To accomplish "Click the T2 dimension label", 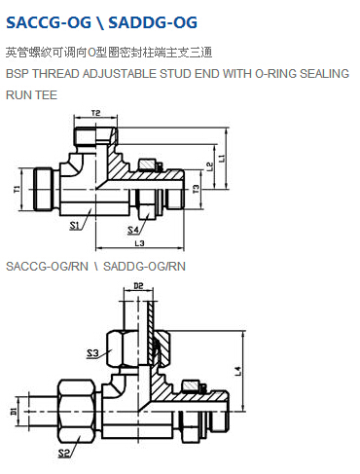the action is coord(95,113).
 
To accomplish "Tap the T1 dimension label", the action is coord(17,189).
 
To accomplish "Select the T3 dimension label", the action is coord(197,189).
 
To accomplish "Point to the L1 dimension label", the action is coord(222,159).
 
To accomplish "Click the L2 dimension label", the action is coord(210,166).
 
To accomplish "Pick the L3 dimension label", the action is coord(140,243).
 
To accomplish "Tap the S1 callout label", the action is coord(75,225).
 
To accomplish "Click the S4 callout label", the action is coord(133,230).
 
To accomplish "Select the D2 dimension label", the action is coord(138,286).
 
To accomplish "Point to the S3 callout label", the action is coord(92,353).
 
